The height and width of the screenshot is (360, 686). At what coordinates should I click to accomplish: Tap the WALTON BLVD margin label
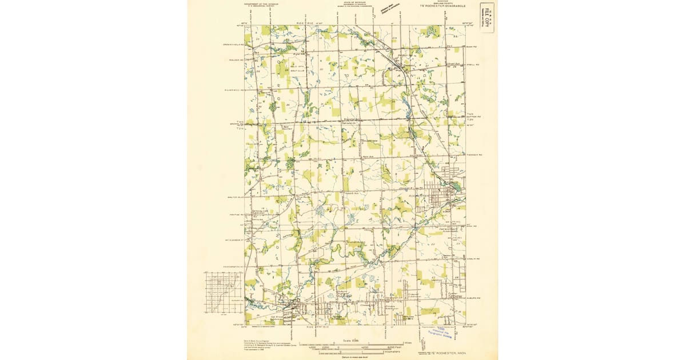click(x=236, y=198)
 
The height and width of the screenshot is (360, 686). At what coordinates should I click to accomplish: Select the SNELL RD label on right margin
click(x=474, y=65)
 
